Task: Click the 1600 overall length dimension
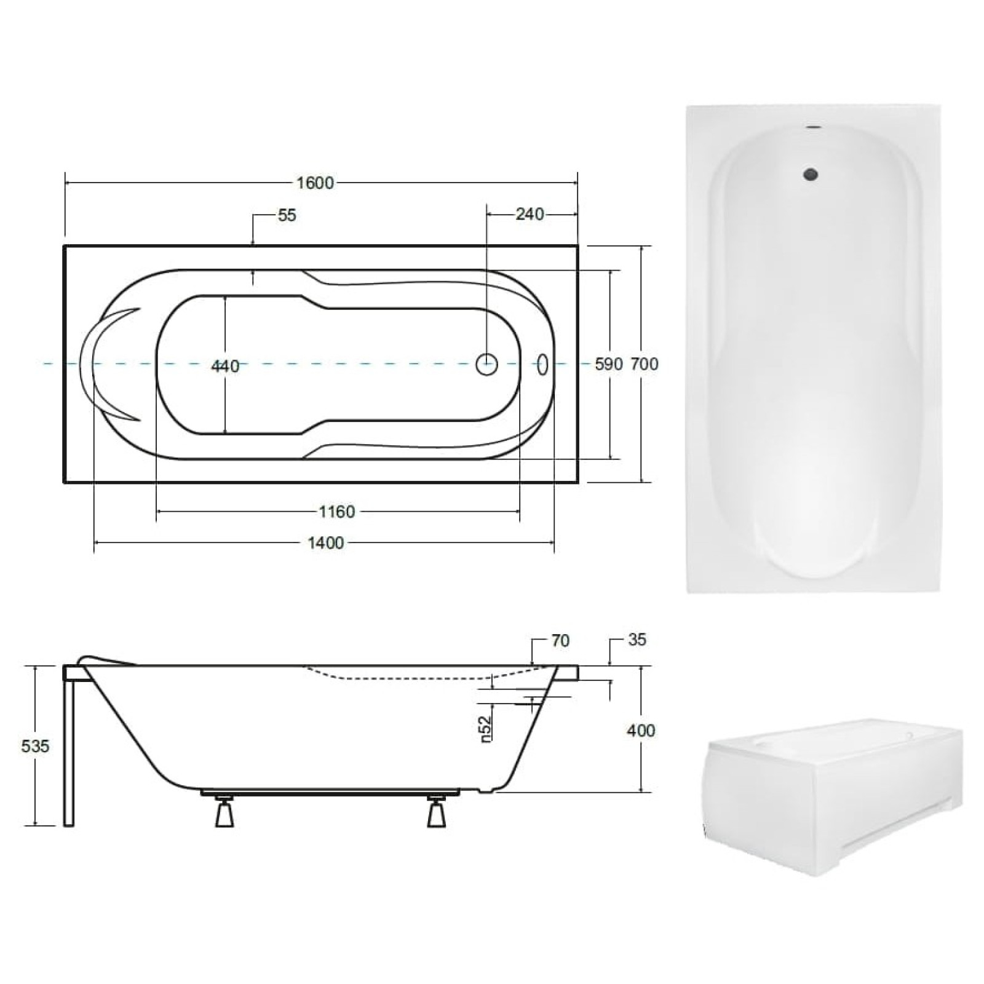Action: (x=315, y=183)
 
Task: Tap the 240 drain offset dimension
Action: (x=530, y=214)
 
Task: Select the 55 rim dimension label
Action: (x=287, y=215)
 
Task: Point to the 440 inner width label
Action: (x=225, y=366)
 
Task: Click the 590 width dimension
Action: (x=609, y=364)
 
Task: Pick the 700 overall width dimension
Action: (x=645, y=364)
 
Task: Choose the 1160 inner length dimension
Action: (x=337, y=511)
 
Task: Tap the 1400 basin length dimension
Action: (x=325, y=542)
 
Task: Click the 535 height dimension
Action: (x=34, y=746)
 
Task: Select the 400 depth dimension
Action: (x=641, y=730)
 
